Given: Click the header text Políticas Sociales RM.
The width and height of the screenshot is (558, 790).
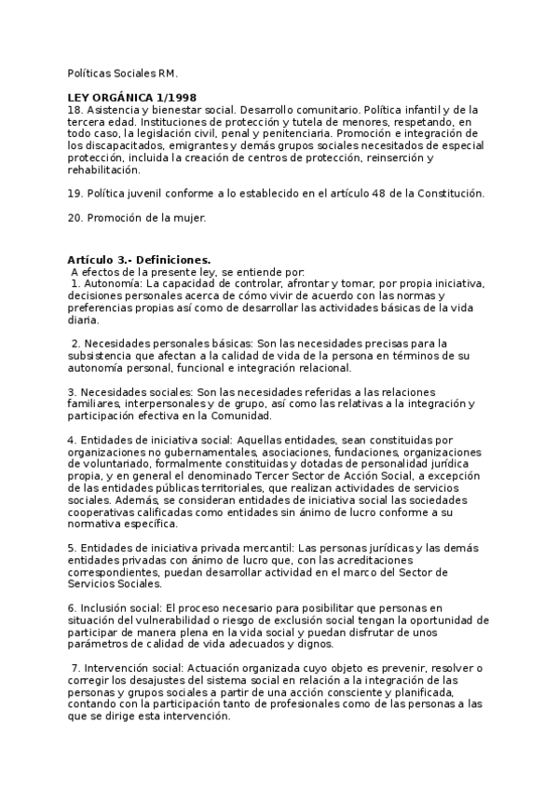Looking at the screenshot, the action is [121, 72].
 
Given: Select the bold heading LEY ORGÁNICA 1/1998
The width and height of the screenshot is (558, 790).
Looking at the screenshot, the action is [131, 98].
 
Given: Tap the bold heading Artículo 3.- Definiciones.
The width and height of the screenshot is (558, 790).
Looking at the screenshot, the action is [139, 259].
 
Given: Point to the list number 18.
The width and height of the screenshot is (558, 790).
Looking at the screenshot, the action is [75, 110].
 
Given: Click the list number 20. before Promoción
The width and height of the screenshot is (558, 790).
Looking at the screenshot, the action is [75, 218].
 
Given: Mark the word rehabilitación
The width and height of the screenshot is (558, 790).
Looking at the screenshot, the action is [103, 170].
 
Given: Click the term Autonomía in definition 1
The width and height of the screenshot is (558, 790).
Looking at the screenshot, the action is [114, 282].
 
